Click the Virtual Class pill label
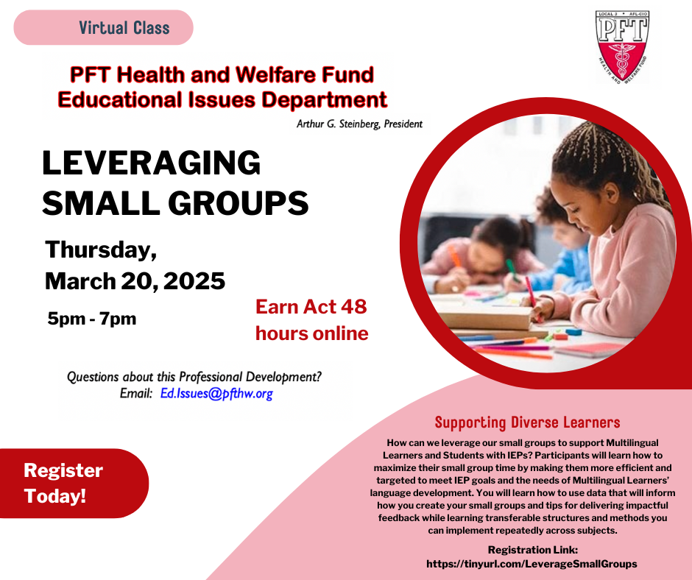click(103, 27)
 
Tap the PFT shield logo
click(622, 47)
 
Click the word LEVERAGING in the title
click(152, 163)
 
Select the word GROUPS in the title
click(238, 203)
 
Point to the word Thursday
click(101, 250)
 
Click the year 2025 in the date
click(194, 281)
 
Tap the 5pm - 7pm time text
click(92, 318)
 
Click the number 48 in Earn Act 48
click(353, 307)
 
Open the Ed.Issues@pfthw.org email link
click(216, 393)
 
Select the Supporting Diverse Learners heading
click(527, 422)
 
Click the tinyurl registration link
click(532, 564)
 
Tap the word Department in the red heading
click(325, 100)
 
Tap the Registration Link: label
click(533, 550)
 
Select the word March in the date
click(80, 281)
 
